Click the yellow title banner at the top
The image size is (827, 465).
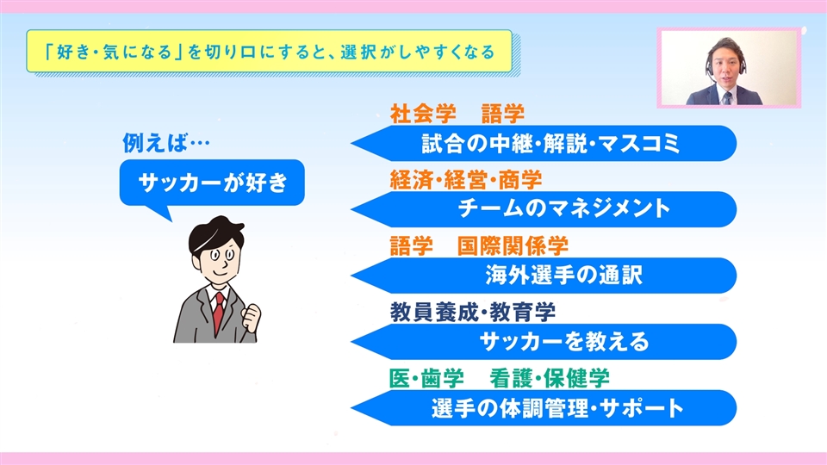pyautogui.click(x=269, y=51)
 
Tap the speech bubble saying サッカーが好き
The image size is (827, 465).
pyautogui.click(x=212, y=183)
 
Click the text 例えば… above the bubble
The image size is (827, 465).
pyautogui.click(x=166, y=143)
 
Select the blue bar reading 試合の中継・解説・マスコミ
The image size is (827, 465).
pyautogui.click(x=544, y=144)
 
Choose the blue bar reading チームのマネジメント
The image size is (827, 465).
pyautogui.click(x=544, y=209)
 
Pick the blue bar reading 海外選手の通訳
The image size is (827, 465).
pyautogui.click(x=544, y=276)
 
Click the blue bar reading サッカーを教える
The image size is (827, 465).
pyautogui.click(x=544, y=342)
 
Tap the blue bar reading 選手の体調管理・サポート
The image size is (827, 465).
pyautogui.click(x=544, y=408)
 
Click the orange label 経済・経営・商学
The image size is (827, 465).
pyautogui.click(x=466, y=180)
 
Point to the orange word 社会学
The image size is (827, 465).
pyautogui.click(x=423, y=114)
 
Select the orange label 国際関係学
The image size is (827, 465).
pyautogui.click(x=513, y=246)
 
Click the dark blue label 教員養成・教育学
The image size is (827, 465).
pyautogui.click(x=473, y=313)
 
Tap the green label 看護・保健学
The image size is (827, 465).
pyautogui.click(x=549, y=379)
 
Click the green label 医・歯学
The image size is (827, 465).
pyautogui.click(x=426, y=379)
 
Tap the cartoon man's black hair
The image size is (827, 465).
pyautogui.click(x=215, y=234)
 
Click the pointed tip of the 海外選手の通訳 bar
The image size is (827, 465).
pyautogui.click(x=351, y=276)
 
